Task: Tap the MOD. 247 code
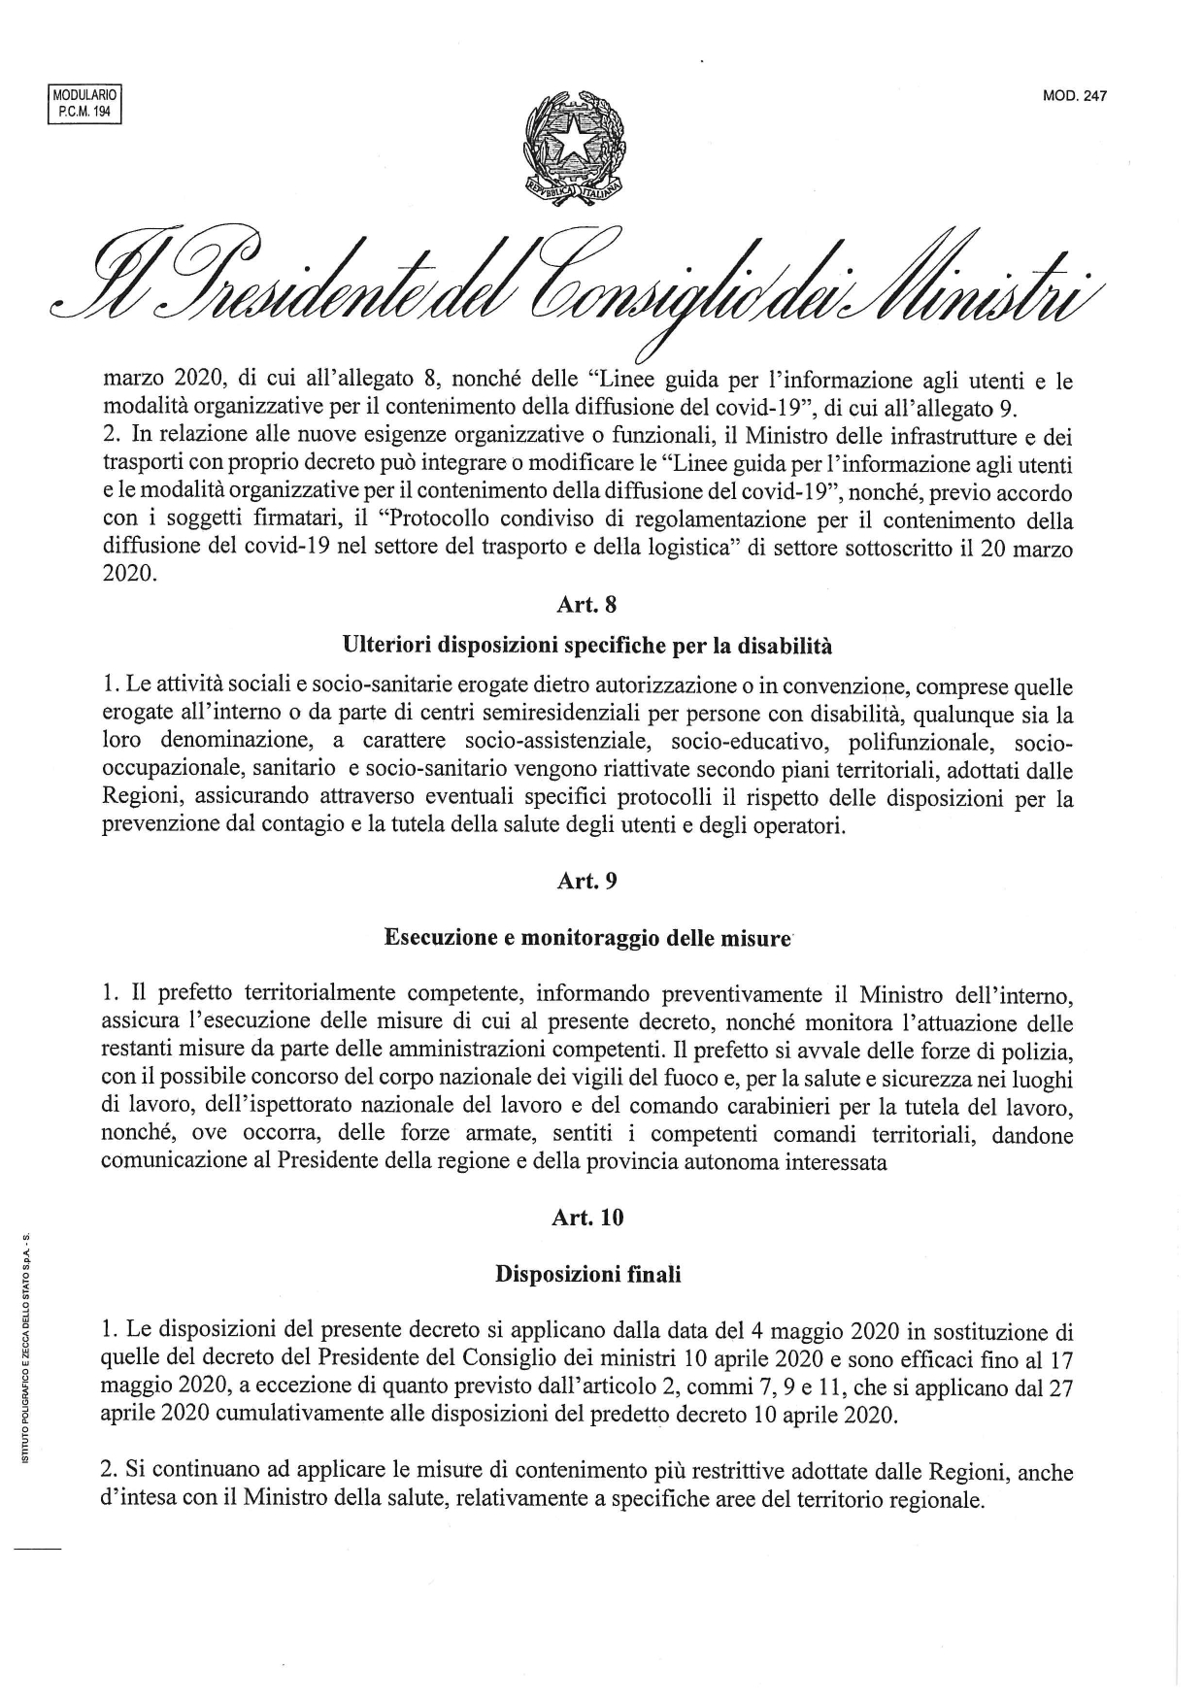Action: pos(1075,96)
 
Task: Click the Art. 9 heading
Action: pos(586,881)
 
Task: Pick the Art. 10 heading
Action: pos(586,1218)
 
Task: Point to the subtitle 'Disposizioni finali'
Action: pos(587,1274)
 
